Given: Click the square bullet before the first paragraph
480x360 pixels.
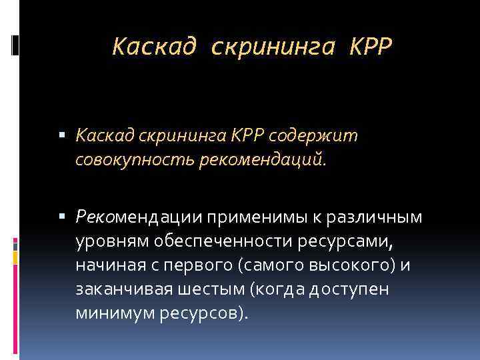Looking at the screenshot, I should click(63, 136).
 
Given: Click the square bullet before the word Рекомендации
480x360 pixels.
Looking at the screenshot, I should click(63, 216).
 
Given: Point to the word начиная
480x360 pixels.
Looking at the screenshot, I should click(107, 265).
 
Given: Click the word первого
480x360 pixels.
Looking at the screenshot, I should click(202, 265).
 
